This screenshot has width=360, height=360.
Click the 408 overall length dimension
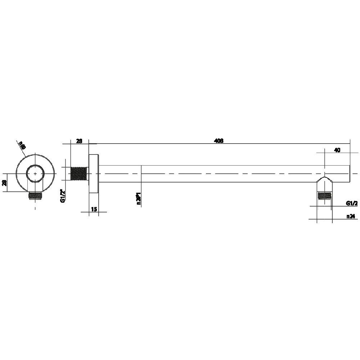[x=219, y=141]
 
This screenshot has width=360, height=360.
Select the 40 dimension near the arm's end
[x=337, y=150]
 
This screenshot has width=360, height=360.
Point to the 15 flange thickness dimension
[x=94, y=209]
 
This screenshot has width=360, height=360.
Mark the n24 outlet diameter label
[x=351, y=216]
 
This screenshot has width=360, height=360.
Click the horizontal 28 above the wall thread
[x=79, y=141]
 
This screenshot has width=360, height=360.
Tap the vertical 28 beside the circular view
[x=4, y=183]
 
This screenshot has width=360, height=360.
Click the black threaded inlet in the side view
[x=80, y=174]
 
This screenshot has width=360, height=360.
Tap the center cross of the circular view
[x=35, y=174]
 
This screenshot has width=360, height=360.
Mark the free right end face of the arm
[x=350, y=174]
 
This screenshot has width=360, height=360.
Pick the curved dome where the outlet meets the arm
[x=325, y=179]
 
